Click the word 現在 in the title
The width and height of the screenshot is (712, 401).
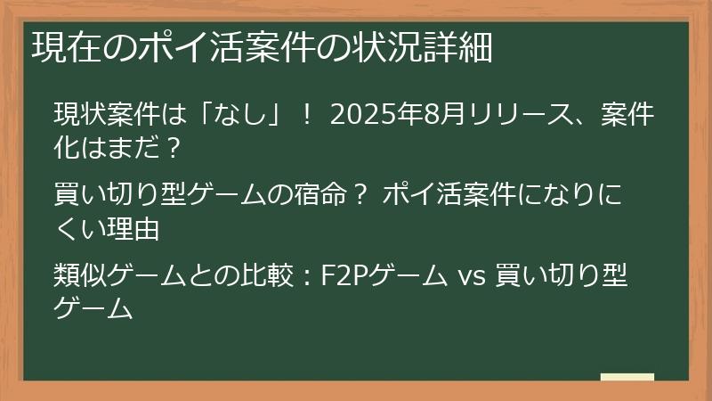click(61, 46)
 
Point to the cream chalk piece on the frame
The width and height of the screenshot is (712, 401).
click(627, 377)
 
